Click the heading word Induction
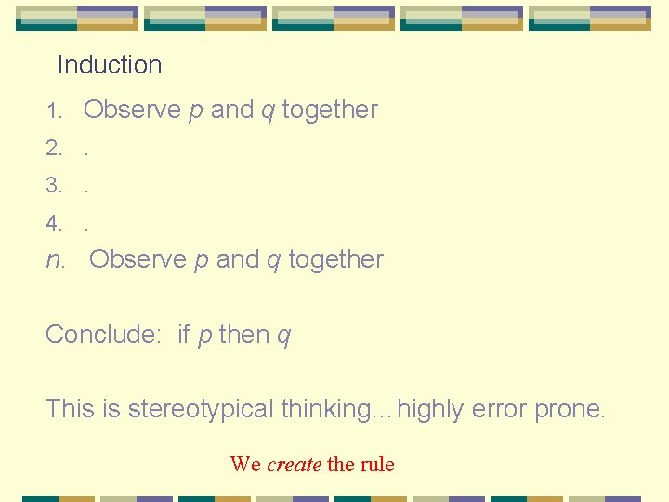point(110,65)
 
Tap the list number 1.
point(53,112)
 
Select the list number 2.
point(53,148)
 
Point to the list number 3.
point(53,185)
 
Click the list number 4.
point(53,223)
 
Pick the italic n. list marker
point(57,259)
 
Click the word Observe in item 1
point(132,110)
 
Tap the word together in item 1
point(330,110)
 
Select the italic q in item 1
point(267,112)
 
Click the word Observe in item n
point(138,259)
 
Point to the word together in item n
point(335,259)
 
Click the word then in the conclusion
point(244,335)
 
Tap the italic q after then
point(284,337)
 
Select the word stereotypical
point(201,409)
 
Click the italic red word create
point(294,464)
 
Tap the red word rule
point(377,464)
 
